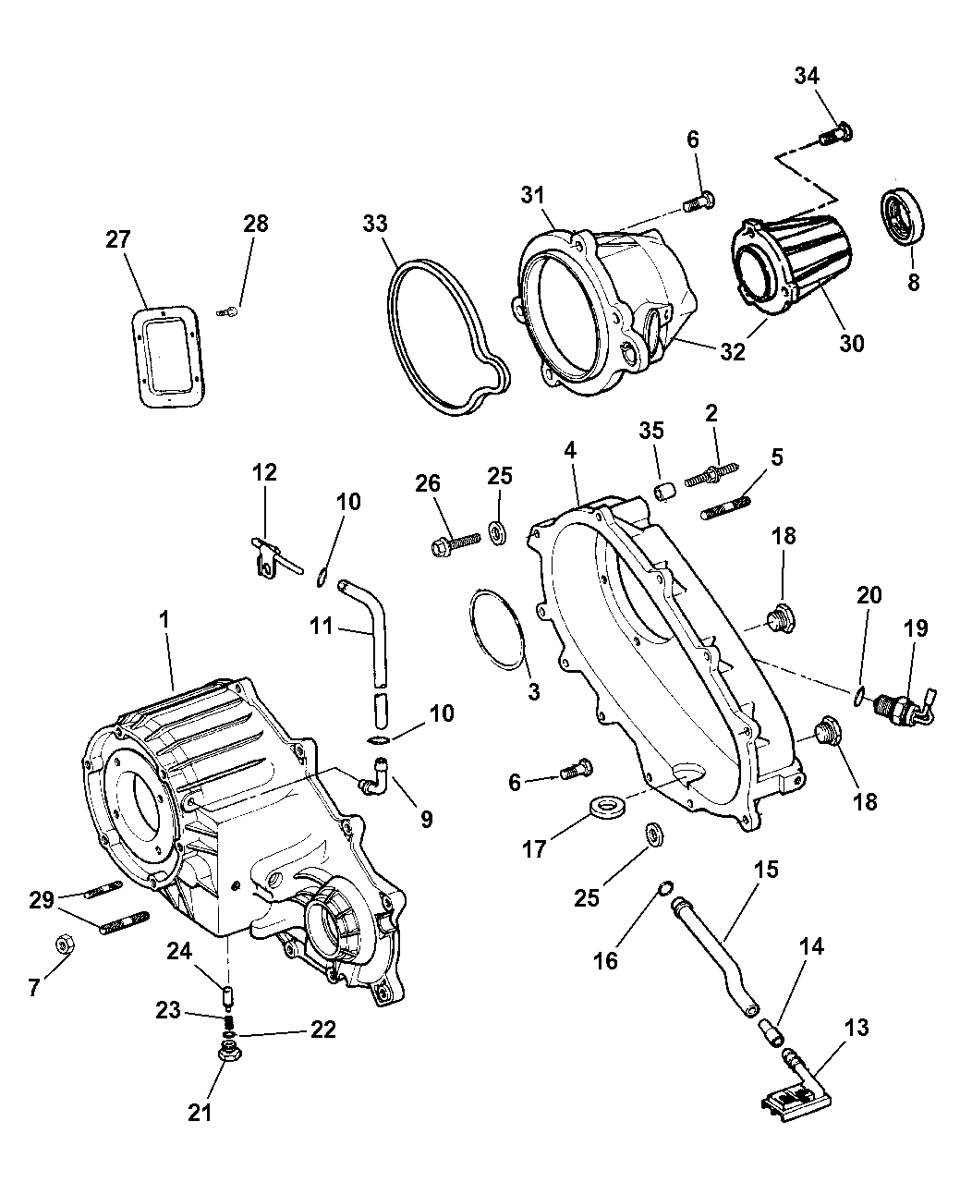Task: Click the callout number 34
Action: [807, 77]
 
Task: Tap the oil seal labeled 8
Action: [903, 216]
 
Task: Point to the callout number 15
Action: [766, 871]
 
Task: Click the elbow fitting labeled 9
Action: [373, 774]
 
